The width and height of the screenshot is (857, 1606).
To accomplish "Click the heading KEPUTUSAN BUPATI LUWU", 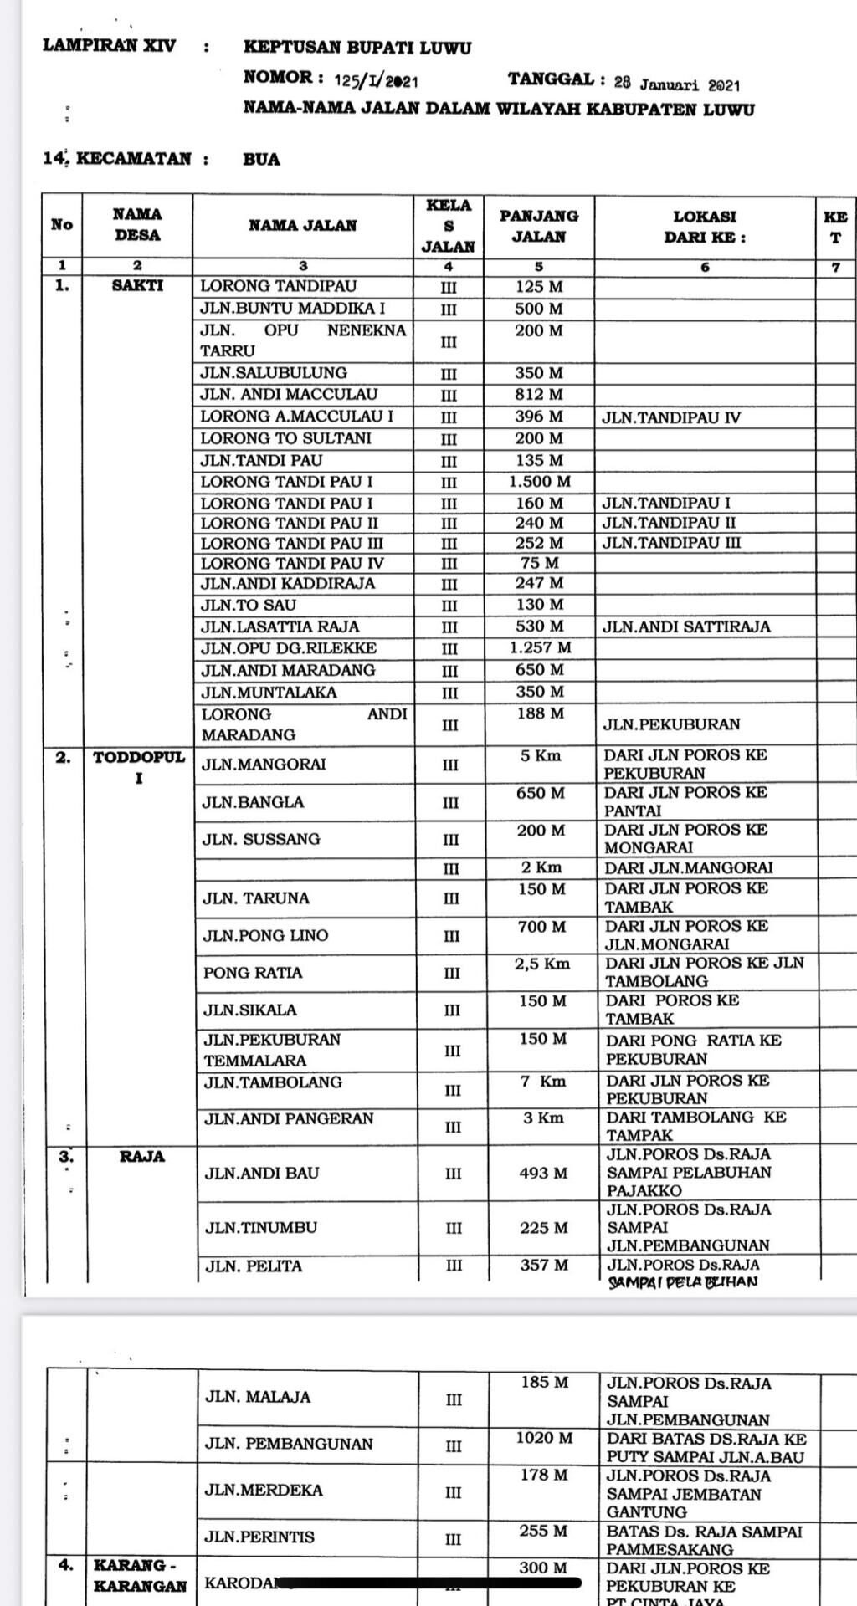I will (357, 48).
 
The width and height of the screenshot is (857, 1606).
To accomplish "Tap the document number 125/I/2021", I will (376, 80).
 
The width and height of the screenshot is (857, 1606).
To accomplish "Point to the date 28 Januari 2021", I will (676, 84).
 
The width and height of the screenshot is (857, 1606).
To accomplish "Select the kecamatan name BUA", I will (262, 159).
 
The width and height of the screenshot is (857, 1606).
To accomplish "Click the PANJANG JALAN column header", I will (539, 226).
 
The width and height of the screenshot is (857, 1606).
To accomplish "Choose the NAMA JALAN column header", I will (302, 225).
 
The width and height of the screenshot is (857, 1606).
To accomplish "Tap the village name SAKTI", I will (137, 285).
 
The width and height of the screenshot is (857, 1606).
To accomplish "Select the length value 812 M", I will (539, 395).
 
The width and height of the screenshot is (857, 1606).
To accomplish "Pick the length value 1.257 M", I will (540, 648).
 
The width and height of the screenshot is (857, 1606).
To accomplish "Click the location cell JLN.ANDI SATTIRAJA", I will (686, 627).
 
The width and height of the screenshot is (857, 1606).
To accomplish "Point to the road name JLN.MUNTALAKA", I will (269, 693).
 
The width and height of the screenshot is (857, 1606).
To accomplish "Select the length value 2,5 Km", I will (542, 964).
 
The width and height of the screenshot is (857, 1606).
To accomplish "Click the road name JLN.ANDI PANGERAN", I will (289, 1119).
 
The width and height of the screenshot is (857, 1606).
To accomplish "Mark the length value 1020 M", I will (544, 1438).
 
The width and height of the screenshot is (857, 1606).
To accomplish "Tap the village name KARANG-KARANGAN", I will (140, 1575).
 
